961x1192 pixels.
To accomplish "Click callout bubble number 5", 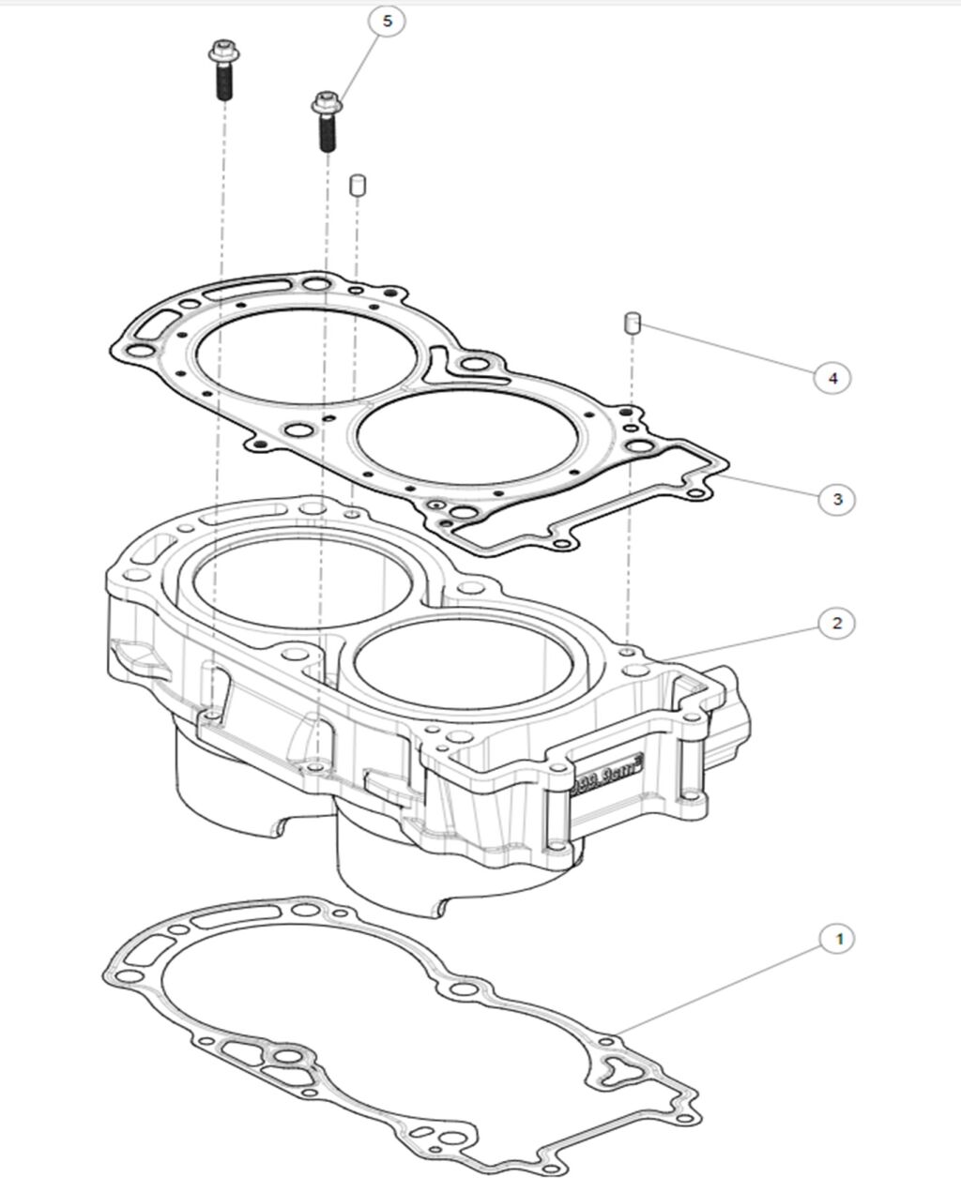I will click(x=388, y=21).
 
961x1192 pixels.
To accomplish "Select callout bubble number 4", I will click(x=831, y=378).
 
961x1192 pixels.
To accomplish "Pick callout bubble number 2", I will click(x=837, y=623).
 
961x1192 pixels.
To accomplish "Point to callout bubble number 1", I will click(x=837, y=938).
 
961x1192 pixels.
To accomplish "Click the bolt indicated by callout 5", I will click(x=326, y=121).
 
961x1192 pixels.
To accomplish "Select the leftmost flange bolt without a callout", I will click(x=222, y=71).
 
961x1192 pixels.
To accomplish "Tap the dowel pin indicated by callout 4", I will click(x=633, y=324).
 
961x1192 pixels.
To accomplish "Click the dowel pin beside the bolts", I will click(x=357, y=184).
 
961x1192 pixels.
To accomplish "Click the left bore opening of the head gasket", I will click(x=257, y=357).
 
